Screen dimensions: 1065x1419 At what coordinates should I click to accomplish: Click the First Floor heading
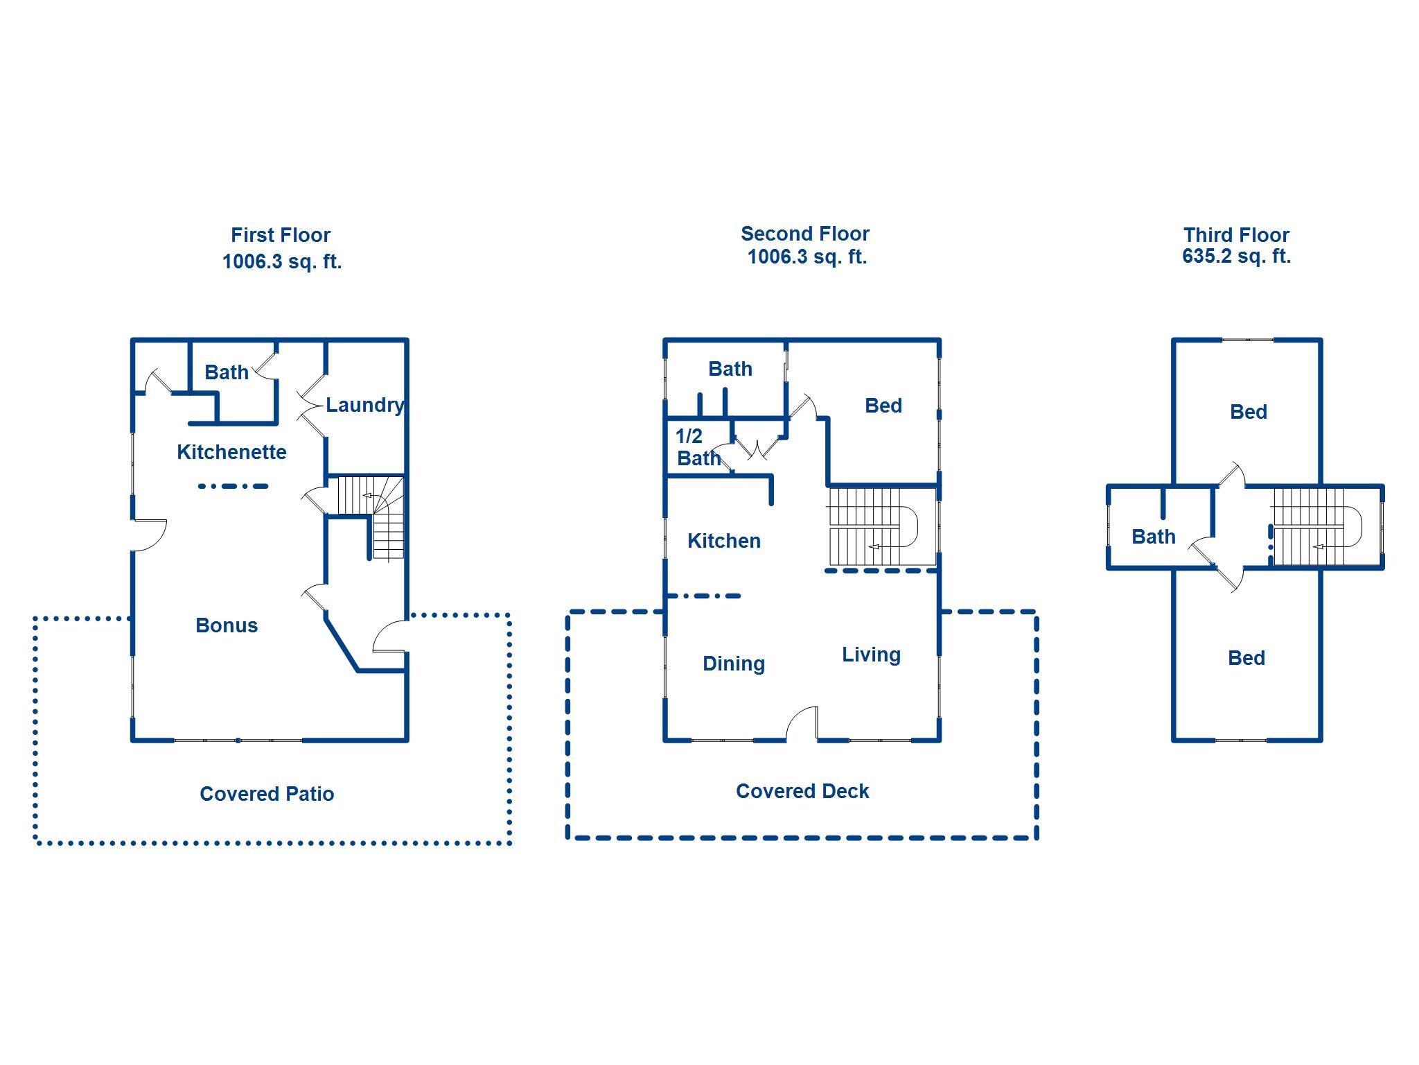tap(281, 235)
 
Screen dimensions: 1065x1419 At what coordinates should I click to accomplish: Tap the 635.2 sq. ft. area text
tap(1236, 256)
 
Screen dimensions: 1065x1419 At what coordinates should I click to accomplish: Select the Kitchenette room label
tap(231, 452)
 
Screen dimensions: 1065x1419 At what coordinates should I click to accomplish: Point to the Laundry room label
tap(364, 405)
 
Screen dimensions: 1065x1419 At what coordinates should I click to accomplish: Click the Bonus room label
tap(227, 625)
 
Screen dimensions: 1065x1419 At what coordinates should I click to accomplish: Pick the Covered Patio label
tap(267, 794)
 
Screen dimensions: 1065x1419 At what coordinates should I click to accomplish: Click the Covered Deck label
tap(802, 791)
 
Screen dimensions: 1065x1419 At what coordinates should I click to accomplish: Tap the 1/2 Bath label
tap(698, 447)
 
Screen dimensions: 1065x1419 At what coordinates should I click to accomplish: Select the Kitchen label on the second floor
tap(724, 541)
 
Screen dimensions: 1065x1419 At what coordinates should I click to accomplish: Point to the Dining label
tap(734, 664)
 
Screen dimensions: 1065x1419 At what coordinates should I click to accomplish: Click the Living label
tap(871, 655)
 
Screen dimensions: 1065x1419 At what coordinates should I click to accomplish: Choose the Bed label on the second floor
tap(883, 406)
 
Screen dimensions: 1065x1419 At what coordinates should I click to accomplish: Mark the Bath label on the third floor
tap(1153, 537)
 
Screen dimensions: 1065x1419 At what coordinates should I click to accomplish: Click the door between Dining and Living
tap(802, 725)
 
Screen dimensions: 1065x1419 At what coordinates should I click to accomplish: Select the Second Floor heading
tap(804, 234)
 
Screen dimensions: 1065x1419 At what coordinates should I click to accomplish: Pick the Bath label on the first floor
tap(227, 372)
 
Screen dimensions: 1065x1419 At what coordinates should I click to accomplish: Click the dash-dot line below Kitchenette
tap(233, 486)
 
